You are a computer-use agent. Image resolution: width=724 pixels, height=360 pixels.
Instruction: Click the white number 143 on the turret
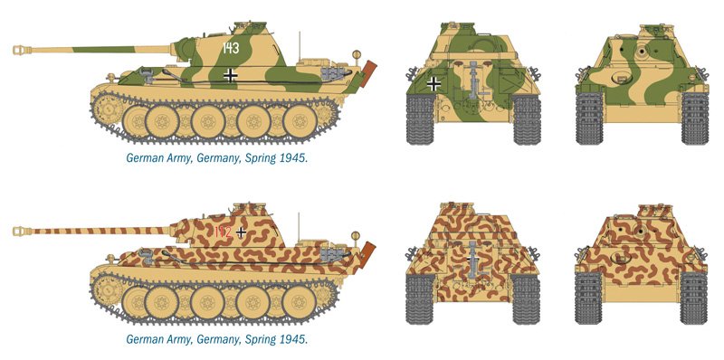(231, 48)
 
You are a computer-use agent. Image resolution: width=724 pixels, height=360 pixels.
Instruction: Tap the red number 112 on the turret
(223, 232)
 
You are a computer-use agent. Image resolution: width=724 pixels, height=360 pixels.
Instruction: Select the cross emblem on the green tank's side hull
(230, 75)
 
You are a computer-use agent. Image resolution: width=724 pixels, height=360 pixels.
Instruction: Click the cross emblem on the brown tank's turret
(241, 232)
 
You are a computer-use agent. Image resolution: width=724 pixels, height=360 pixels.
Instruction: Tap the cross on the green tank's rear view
(433, 83)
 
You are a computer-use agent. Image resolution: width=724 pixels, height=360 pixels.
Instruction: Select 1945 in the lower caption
(293, 340)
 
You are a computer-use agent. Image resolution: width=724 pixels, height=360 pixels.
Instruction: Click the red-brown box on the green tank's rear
(368, 74)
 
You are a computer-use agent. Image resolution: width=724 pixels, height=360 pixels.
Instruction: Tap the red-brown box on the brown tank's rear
(367, 255)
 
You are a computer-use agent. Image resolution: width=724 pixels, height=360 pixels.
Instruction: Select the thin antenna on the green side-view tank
(300, 45)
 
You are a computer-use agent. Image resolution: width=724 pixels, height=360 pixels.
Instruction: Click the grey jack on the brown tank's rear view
(472, 260)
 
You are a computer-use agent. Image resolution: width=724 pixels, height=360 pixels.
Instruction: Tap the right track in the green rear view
(527, 119)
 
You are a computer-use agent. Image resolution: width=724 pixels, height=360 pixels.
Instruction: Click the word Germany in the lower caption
(217, 340)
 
